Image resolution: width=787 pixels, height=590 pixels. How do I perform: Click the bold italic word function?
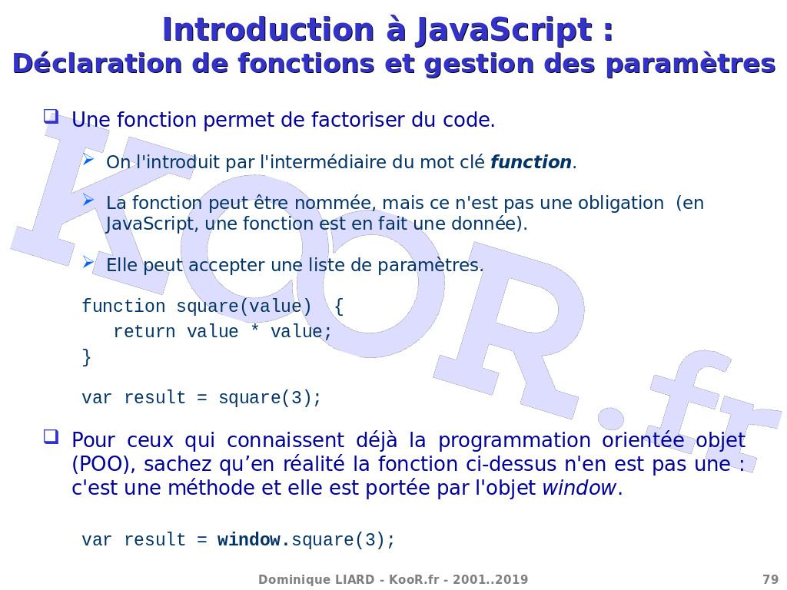click(531, 162)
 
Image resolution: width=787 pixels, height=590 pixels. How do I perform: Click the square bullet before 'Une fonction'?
click(51, 117)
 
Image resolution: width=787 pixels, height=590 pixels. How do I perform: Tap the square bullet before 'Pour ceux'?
click(51, 436)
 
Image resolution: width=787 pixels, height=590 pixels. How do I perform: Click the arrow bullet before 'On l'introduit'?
click(88, 160)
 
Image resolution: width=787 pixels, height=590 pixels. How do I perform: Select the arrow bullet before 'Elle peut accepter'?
click(88, 262)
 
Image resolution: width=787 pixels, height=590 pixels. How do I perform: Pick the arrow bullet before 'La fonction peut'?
click(88, 201)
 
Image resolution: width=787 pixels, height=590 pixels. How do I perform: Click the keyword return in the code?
click(144, 332)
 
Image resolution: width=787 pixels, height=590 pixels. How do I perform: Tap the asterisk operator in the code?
click(255, 330)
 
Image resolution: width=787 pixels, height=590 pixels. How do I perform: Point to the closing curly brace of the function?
click(87, 357)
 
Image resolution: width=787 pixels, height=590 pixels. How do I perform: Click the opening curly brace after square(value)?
click(339, 307)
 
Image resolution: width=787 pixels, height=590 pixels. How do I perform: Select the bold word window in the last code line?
click(249, 540)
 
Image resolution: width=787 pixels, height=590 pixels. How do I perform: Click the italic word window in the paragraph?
click(579, 488)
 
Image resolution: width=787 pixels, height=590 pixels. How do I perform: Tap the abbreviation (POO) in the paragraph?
click(104, 464)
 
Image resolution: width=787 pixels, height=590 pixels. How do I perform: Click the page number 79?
click(770, 579)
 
